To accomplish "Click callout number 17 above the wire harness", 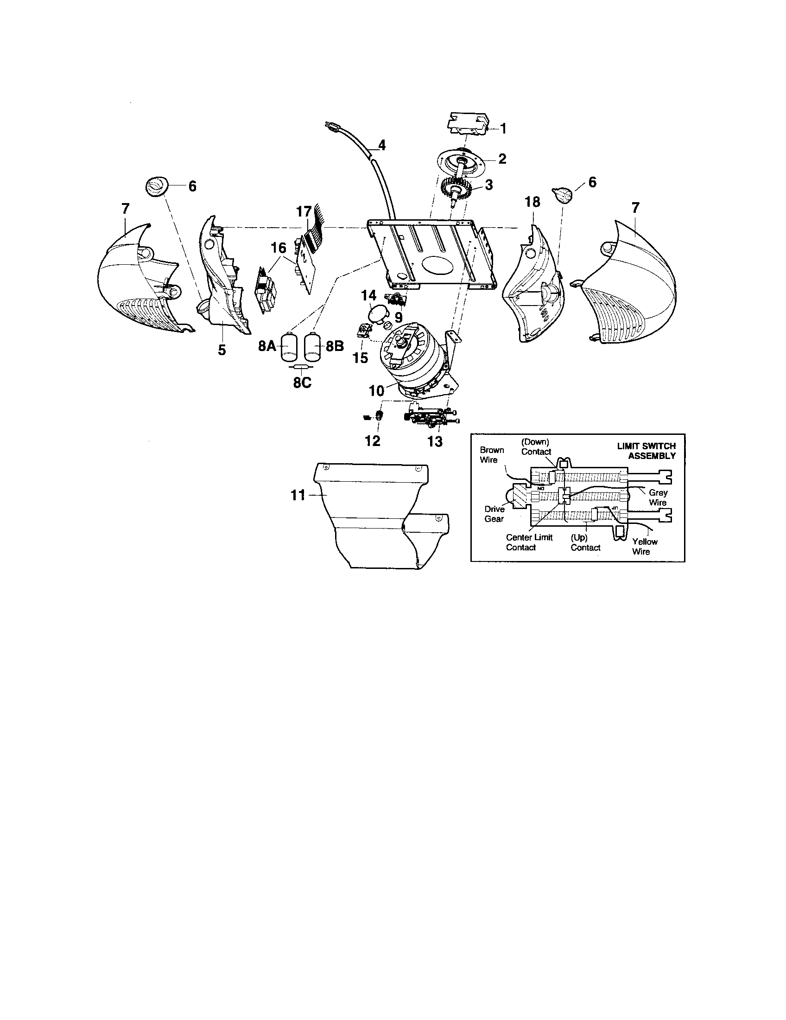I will pos(304,212).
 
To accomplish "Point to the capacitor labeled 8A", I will pos(290,346).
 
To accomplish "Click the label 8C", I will pos(302,383).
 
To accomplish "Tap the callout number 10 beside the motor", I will pos(376,390).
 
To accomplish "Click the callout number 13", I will pos(435,441).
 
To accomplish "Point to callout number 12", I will pos(373,440).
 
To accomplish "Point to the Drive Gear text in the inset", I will pos(494,514).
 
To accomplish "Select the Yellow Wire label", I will pos(645,547).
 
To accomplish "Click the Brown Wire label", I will pos(492,454).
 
